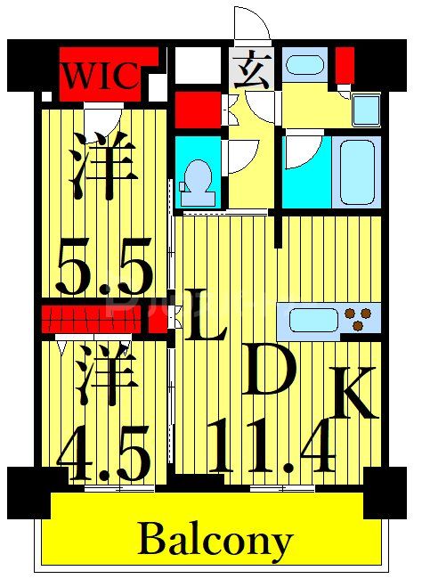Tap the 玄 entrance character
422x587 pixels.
coord(255,70)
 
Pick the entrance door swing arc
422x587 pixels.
coord(250,26)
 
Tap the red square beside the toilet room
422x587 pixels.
coord(197,110)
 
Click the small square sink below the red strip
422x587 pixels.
coord(366,110)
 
